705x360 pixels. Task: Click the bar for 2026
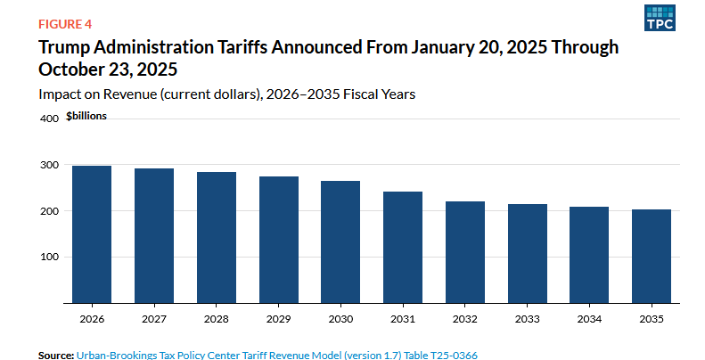click(x=92, y=234)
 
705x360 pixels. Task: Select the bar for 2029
click(x=278, y=240)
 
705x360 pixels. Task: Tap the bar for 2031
click(x=403, y=247)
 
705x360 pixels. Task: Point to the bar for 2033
click(x=527, y=253)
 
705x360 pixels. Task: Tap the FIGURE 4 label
click(x=65, y=23)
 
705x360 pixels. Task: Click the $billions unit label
click(x=86, y=117)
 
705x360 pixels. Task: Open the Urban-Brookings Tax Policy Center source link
click(x=276, y=355)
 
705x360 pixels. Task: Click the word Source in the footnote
click(x=54, y=355)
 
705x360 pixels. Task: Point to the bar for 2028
click(x=216, y=237)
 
